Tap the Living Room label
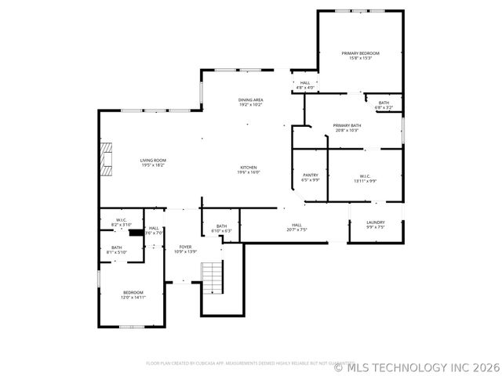(153, 160)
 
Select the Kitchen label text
(249, 167)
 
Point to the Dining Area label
(251, 99)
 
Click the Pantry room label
(311, 175)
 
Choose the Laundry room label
(376, 222)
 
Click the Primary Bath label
(347, 125)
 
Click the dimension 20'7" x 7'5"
(296, 230)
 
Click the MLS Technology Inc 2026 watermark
(417, 367)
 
